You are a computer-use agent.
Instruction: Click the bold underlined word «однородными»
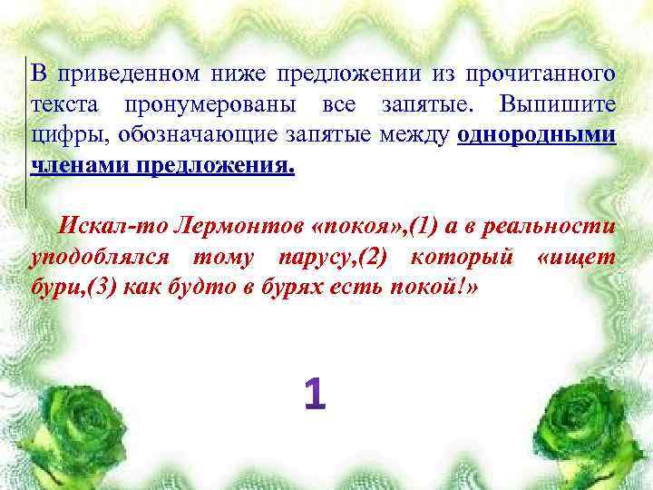coord(538,137)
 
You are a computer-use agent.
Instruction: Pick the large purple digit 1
coord(314,395)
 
